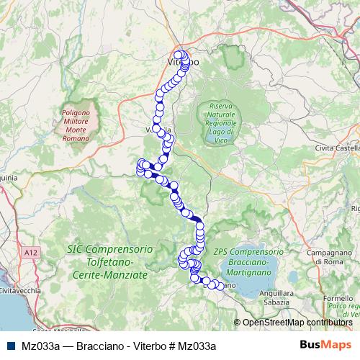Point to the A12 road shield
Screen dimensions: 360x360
(x=30, y=253)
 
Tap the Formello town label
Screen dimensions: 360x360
(x=338, y=298)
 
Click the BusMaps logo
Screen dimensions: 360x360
(x=325, y=345)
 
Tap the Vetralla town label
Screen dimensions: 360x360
(x=159, y=130)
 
